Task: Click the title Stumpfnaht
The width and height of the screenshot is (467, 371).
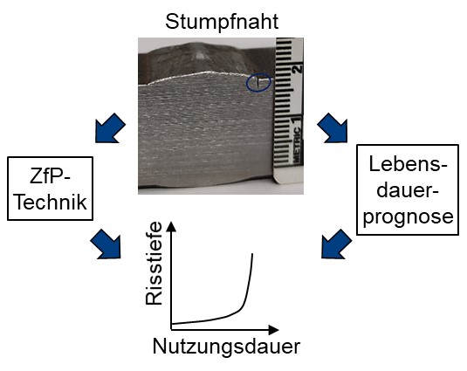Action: pyautogui.click(x=222, y=22)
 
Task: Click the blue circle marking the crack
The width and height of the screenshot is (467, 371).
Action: pyautogui.click(x=258, y=82)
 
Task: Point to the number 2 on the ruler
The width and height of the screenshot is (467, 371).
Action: pyautogui.click(x=297, y=69)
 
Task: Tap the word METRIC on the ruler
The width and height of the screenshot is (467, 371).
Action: pyautogui.click(x=297, y=144)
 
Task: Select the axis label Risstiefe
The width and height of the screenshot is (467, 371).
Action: pyautogui.click(x=154, y=264)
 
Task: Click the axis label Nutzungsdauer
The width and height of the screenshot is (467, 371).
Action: pyautogui.click(x=226, y=347)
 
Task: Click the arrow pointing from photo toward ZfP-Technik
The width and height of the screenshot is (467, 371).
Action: pyautogui.click(x=110, y=128)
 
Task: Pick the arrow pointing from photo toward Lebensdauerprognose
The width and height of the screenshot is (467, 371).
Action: pyautogui.click(x=333, y=127)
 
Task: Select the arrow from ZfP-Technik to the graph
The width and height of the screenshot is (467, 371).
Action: pyautogui.click(x=106, y=244)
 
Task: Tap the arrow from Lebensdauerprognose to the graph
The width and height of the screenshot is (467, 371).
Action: pyautogui.click(x=337, y=244)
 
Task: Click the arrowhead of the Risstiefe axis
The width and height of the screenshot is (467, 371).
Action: pyautogui.click(x=171, y=226)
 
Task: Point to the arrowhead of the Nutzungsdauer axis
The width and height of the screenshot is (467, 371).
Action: pyautogui.click(x=274, y=330)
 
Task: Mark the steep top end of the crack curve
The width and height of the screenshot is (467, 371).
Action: pyautogui.click(x=252, y=254)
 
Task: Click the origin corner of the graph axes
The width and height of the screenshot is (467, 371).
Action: pyautogui.click(x=171, y=329)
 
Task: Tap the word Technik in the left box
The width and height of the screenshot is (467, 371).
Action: pyautogui.click(x=51, y=202)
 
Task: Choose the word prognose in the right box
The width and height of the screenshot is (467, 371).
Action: pyautogui.click(x=408, y=216)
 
